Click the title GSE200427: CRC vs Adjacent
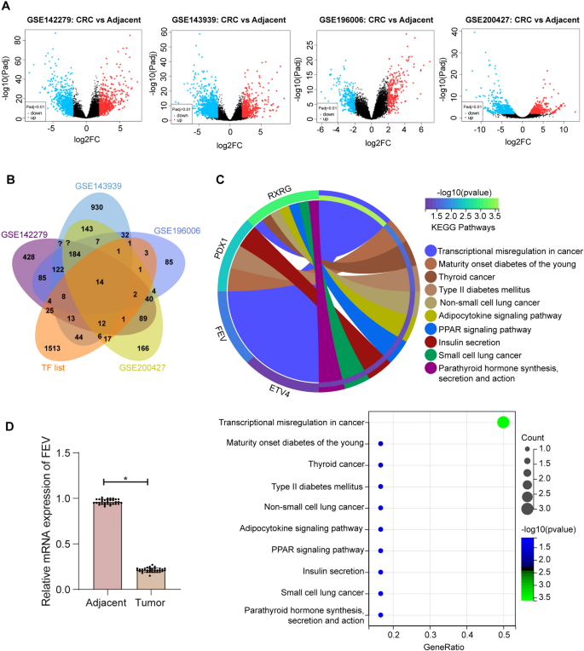click(514, 19)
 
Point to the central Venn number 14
click(101, 281)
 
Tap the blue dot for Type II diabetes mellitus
click(380, 487)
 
